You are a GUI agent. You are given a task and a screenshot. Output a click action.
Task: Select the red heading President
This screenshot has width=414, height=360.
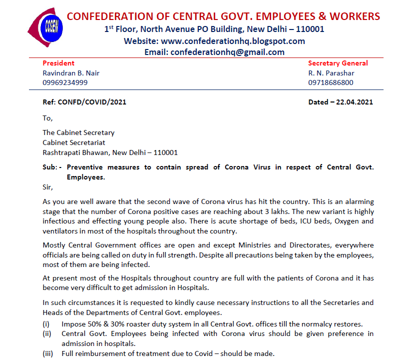click(x=58, y=63)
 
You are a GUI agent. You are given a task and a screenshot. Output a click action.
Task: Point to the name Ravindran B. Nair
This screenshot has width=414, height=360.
click(x=71, y=73)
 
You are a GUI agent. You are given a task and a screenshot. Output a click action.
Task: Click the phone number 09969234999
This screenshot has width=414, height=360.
click(x=65, y=82)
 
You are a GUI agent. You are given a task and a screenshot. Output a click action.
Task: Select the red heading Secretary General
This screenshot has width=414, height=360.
click(x=338, y=63)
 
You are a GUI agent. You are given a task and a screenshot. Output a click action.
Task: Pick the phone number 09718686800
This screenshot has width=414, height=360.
click(x=331, y=82)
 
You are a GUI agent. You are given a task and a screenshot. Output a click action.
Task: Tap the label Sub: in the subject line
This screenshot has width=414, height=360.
click(x=51, y=167)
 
